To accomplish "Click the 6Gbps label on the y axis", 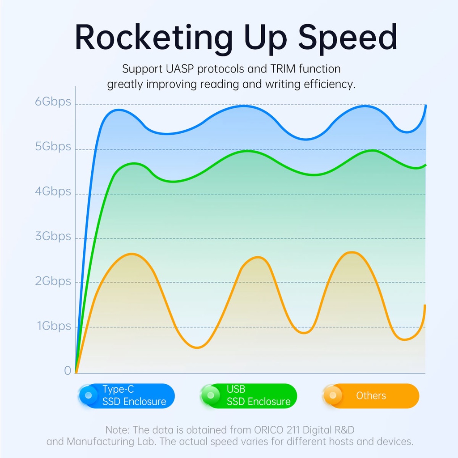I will click(x=53, y=102).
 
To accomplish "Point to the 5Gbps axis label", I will click(x=53, y=146).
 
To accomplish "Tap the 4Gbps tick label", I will click(x=53, y=191).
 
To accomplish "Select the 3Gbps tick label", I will click(x=53, y=236).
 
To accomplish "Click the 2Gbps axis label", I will click(x=53, y=281).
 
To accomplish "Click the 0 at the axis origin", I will click(x=68, y=370).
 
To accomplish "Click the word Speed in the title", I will click(x=348, y=38).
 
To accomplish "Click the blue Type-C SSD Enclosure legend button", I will click(x=126, y=396).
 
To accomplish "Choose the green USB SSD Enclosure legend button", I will click(x=249, y=396).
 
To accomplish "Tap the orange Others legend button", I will click(x=371, y=396).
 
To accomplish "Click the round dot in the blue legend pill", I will click(x=89, y=395).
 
